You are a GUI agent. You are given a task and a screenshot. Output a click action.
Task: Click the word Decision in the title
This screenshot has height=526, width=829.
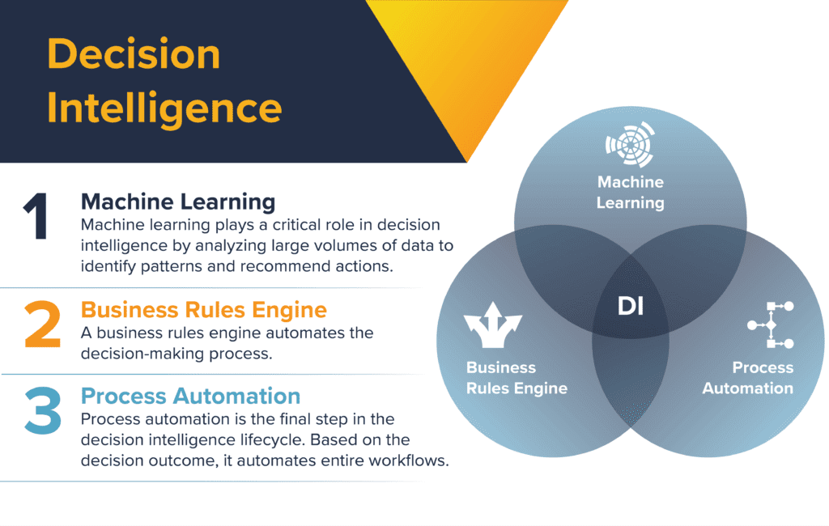pyautogui.click(x=134, y=54)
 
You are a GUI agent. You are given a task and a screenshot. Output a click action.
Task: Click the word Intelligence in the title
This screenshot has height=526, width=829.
pyautogui.click(x=164, y=109)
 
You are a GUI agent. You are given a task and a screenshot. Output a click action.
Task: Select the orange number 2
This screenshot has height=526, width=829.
pyautogui.click(x=42, y=324)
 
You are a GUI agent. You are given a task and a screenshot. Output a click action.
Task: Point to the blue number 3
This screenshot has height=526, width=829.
pyautogui.click(x=42, y=410)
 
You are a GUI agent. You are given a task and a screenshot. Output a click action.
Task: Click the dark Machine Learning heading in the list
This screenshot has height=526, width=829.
pyautogui.click(x=178, y=202)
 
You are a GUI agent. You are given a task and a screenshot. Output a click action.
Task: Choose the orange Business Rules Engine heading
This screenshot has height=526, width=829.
pyautogui.click(x=204, y=310)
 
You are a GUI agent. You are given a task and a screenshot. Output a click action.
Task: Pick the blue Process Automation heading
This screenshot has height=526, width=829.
pyautogui.click(x=190, y=396)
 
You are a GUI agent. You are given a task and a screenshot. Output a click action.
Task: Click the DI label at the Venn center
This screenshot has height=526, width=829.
pyautogui.click(x=631, y=306)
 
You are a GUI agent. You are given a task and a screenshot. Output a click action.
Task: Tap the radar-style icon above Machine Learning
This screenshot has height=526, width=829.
pyautogui.click(x=630, y=144)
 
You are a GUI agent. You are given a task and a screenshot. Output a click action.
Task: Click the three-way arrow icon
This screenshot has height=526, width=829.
pyautogui.click(x=493, y=325)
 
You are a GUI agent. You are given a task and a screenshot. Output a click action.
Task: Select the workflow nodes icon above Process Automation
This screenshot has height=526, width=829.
pyautogui.click(x=771, y=325)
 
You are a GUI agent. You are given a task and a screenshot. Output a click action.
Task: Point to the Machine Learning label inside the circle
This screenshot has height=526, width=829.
pyautogui.click(x=630, y=193)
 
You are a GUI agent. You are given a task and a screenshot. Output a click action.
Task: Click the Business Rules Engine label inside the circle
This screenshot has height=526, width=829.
pyautogui.click(x=517, y=378)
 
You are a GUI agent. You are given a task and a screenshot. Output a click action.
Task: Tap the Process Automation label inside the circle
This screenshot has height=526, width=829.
pyautogui.click(x=747, y=378)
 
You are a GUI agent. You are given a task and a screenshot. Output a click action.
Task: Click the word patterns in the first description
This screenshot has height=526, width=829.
pyautogui.click(x=172, y=266)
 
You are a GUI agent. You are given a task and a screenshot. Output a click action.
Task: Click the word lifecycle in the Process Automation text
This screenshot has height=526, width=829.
pyautogui.click(x=272, y=440)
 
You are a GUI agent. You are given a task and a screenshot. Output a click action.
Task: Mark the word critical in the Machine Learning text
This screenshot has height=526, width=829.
pyautogui.click(x=299, y=225)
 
